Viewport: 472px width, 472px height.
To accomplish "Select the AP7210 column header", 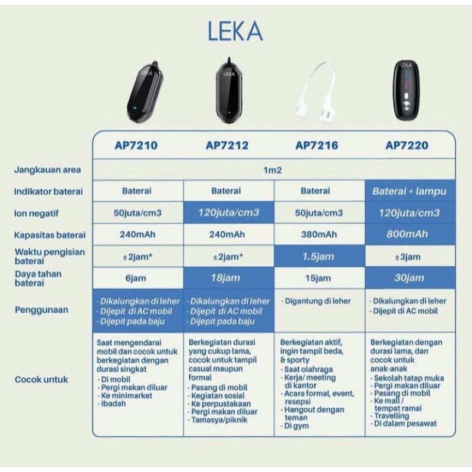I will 136,145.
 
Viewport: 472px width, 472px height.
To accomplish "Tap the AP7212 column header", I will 228,145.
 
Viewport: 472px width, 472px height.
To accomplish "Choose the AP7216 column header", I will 317,145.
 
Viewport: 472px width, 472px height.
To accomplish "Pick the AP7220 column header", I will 408,145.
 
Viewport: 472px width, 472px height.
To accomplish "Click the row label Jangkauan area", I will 48,170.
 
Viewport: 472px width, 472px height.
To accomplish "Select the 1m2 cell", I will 272,170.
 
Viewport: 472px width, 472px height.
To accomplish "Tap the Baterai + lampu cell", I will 409,191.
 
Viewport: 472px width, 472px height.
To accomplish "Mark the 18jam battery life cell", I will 228,278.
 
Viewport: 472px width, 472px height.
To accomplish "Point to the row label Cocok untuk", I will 41,379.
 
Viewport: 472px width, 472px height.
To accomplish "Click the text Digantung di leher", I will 319,301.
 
